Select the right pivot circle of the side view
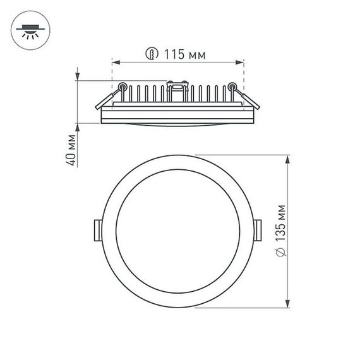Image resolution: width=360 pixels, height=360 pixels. tap(232, 87)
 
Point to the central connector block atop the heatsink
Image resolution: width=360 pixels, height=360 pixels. tap(177, 84)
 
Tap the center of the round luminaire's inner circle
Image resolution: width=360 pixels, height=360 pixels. tap(177, 232)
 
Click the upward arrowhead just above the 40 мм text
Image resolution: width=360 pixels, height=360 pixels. tap(78, 127)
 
